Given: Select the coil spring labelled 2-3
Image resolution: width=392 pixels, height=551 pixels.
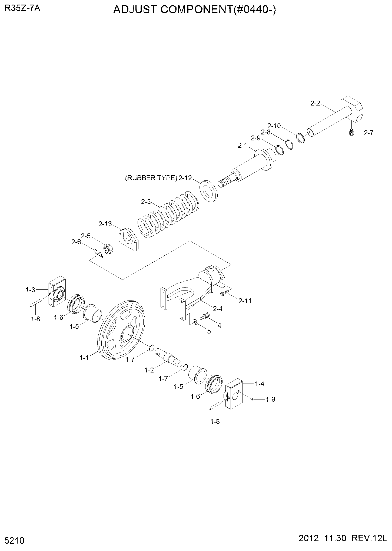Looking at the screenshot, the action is tap(168, 215).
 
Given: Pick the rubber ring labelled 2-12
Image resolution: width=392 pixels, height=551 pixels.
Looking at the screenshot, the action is tap(209, 191).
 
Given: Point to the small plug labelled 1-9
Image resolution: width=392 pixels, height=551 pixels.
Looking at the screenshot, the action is tap(253, 399).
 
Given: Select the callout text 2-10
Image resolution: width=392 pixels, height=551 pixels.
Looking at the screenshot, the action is tap(274, 126).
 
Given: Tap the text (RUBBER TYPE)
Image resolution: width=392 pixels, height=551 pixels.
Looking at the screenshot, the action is tap(151, 178).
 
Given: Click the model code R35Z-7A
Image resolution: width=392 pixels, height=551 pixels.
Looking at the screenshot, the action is tap(22, 8).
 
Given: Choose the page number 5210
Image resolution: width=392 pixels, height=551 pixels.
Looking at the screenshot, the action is tap(15, 541).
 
